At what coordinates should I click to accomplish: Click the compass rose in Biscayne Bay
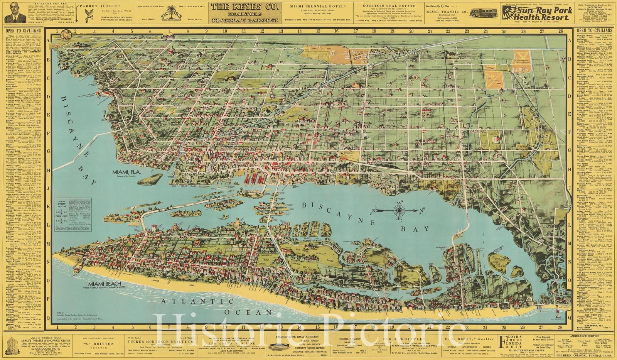point(398,211)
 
